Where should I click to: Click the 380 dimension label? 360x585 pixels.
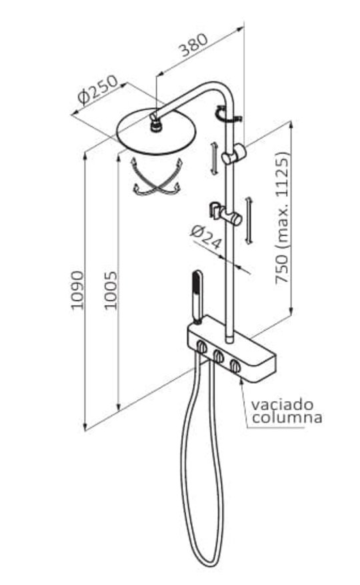193,45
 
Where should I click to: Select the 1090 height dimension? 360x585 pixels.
77,291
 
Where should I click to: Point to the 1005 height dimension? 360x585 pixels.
110,291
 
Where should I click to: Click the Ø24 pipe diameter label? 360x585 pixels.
206,238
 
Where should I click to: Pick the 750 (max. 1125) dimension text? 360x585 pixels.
282,219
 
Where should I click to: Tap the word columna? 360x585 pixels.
287,417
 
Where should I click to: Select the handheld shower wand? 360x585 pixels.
197,297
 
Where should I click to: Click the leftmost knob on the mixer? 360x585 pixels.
201,347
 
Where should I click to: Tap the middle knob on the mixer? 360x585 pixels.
218,356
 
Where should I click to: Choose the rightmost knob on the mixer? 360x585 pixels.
235,366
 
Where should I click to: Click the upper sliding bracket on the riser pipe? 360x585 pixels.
234,154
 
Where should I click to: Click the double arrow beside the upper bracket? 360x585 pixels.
213,158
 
